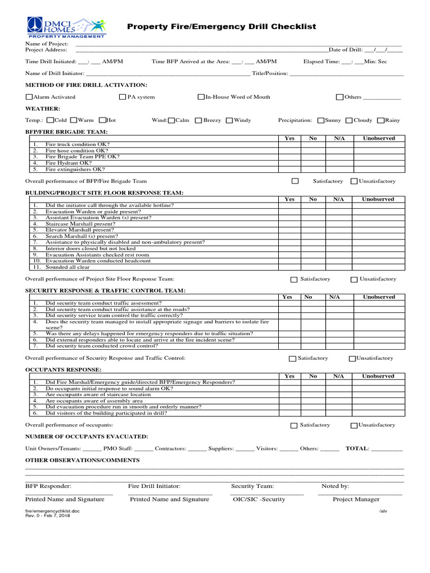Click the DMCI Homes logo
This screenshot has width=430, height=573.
click(66, 27)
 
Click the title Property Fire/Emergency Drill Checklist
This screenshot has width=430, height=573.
click(221, 26)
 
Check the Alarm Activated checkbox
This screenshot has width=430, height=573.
click(29, 97)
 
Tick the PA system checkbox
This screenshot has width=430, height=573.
click(123, 97)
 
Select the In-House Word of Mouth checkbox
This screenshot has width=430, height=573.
click(201, 97)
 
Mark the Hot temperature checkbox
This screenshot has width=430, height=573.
click(102, 120)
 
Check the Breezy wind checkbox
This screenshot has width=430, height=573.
click(198, 120)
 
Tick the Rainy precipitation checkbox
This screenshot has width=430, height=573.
click(381, 120)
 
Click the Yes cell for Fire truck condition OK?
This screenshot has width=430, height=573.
click(289, 144)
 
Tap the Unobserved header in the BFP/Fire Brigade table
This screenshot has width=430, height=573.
click(378, 138)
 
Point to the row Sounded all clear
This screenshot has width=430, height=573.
click(67, 267)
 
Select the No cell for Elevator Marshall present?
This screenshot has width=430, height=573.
click(312, 230)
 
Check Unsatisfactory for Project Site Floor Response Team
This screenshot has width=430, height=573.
click(354, 279)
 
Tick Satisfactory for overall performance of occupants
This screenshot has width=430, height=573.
click(294, 425)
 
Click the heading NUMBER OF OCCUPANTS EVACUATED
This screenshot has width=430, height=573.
click(87, 436)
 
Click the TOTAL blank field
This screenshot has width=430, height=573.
click(386, 449)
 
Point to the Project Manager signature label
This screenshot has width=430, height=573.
click(356, 499)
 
